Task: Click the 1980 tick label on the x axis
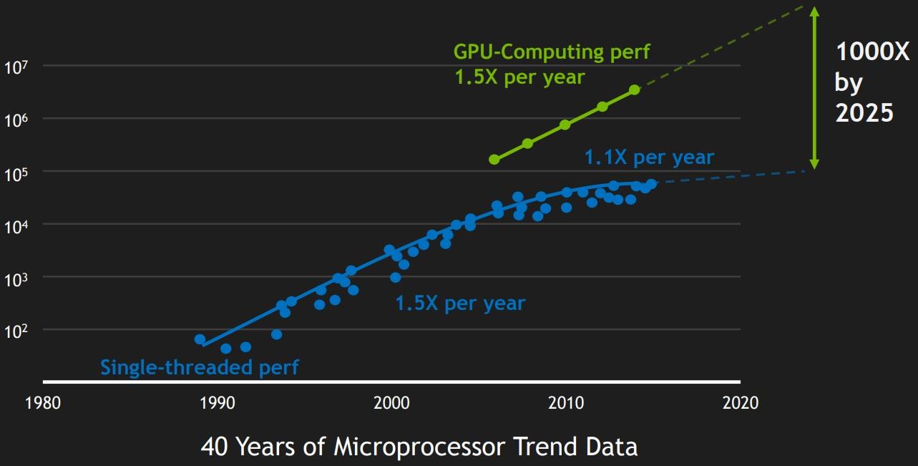42,403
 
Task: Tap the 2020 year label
740,403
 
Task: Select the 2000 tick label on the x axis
391,403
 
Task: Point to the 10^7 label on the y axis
15,67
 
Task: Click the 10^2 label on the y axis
15,331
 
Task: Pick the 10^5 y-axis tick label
15,173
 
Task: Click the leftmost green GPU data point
494,159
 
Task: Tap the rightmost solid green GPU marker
634,89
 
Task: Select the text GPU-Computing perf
552,52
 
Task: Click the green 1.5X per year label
519,77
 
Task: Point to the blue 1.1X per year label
649,157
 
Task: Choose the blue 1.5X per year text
460,304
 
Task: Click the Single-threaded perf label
199,367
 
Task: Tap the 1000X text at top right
872,52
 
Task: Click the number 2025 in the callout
864,113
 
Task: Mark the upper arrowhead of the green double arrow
814,10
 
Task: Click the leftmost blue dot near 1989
200,339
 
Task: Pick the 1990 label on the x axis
217,403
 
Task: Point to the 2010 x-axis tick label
566,403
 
